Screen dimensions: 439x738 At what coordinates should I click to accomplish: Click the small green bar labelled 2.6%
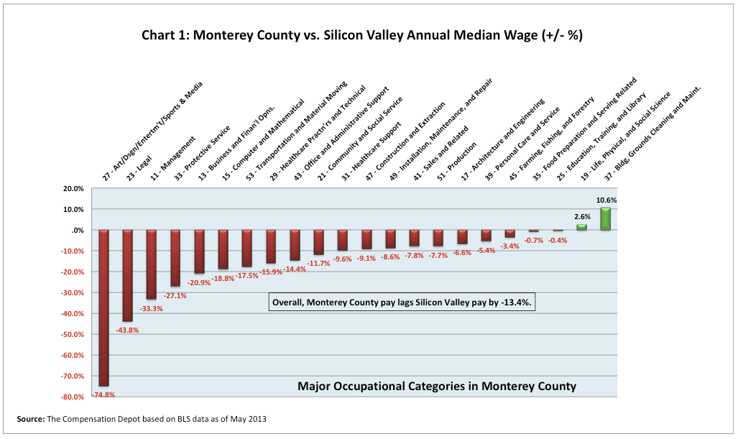click(x=581, y=227)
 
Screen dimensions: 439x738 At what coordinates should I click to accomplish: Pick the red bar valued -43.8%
click(x=128, y=275)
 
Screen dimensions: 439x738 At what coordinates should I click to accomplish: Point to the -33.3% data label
click(x=150, y=308)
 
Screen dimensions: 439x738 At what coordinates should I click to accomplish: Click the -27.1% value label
click(x=174, y=295)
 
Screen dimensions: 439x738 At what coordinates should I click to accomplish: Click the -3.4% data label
click(x=509, y=246)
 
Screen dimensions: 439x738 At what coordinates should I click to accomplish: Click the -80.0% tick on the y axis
click(x=73, y=397)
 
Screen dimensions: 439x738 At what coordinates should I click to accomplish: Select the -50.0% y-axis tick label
click(x=73, y=335)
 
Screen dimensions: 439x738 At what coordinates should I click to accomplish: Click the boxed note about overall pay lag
click(x=401, y=303)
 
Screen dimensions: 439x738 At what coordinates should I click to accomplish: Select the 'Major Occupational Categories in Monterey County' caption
click(x=436, y=387)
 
